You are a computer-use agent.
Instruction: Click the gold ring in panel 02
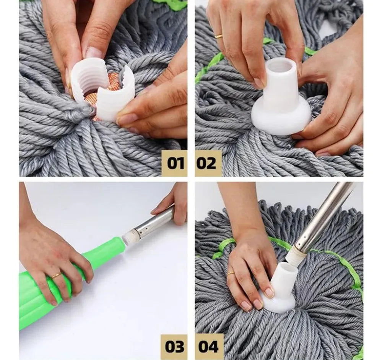coord(218,37)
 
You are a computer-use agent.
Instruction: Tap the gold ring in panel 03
coord(56,276)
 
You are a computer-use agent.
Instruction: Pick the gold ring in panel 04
coord(231,274)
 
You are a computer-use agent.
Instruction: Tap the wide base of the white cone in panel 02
coord(283,119)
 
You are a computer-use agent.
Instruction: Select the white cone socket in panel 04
coord(280,287)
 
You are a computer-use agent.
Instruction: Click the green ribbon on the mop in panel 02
coord(210,66)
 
